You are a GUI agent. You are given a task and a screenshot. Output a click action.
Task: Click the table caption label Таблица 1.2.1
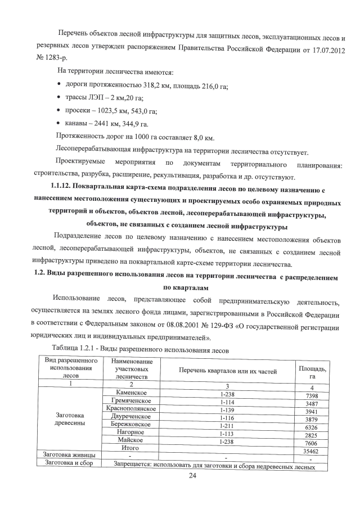click(x=76, y=350)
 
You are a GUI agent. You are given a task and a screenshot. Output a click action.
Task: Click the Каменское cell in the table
click(x=132, y=393)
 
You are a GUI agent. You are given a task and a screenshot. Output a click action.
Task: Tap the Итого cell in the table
click(x=130, y=448)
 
